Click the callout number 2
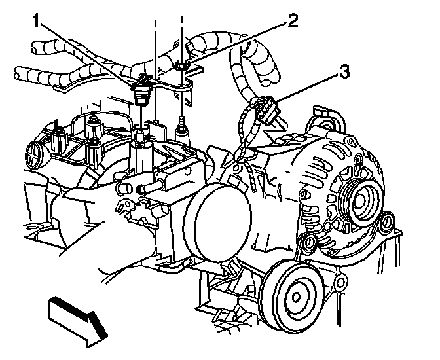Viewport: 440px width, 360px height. point(292,20)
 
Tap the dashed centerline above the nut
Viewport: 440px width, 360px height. point(181,33)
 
